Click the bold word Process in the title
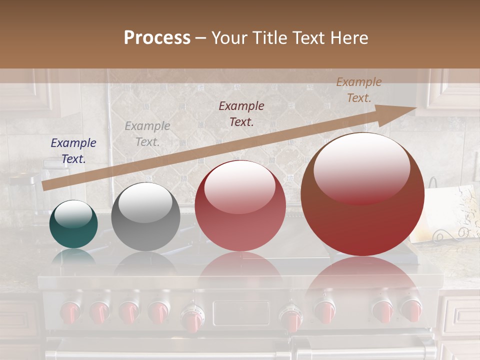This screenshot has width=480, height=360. click(x=157, y=38)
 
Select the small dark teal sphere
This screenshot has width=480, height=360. click(x=73, y=224)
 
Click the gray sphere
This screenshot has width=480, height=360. click(x=145, y=217)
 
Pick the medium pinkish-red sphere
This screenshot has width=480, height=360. click(x=240, y=206)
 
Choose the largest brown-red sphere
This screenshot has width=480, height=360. click(x=362, y=195)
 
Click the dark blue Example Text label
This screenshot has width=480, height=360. click(x=73, y=151)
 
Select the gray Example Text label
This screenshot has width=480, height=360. click(x=147, y=134)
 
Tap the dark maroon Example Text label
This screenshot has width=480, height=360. click(x=241, y=113)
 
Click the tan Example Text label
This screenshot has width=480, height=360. click(x=358, y=90)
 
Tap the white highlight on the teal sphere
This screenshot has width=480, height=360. click(x=73, y=213)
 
